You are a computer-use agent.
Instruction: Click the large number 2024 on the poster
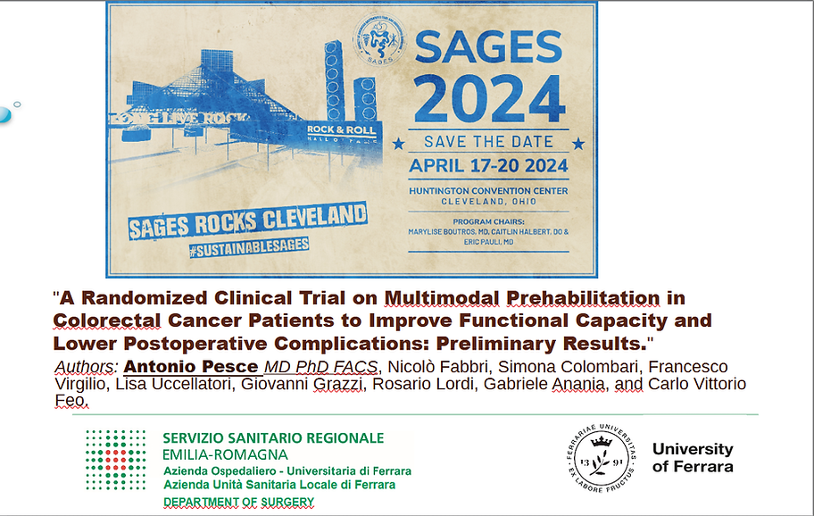pyautogui.click(x=487, y=98)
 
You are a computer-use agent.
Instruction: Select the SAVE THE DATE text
pyautogui.click(x=487, y=142)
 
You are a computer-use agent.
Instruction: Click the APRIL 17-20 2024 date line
pyautogui.click(x=487, y=165)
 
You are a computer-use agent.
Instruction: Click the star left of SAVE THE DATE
pyautogui.click(x=398, y=143)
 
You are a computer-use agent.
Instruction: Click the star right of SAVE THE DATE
pyautogui.click(x=577, y=142)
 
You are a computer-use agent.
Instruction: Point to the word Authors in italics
pyautogui.click(x=86, y=367)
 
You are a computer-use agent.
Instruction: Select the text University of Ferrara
pyautogui.click(x=692, y=457)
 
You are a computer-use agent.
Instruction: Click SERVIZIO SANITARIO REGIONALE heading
pyautogui.click(x=273, y=438)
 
